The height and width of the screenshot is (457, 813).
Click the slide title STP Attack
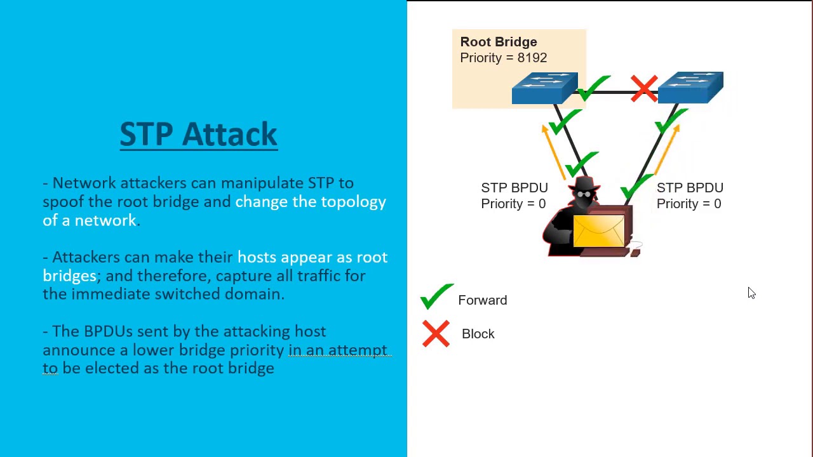[x=198, y=135]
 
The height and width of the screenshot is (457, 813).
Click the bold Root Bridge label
[x=499, y=42]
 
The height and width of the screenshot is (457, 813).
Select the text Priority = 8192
[x=503, y=58]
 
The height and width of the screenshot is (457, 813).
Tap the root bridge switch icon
[x=544, y=88]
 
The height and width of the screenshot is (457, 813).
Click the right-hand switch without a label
[x=690, y=88]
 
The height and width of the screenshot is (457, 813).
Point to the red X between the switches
[x=644, y=88]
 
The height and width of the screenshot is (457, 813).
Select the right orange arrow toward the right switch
[x=666, y=150]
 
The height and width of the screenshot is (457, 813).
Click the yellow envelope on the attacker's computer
[x=598, y=231]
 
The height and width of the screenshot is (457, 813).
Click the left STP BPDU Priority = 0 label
[x=514, y=195]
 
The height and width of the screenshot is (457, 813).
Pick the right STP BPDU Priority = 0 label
[x=689, y=195]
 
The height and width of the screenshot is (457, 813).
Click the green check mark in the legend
[x=436, y=296]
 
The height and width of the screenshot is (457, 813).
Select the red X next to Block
[x=436, y=334]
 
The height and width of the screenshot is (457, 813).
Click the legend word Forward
[x=482, y=300]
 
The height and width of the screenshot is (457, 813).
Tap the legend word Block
[x=478, y=334]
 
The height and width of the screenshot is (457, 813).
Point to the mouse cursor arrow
[x=751, y=293]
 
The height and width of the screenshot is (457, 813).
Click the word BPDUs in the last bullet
[x=108, y=331]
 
